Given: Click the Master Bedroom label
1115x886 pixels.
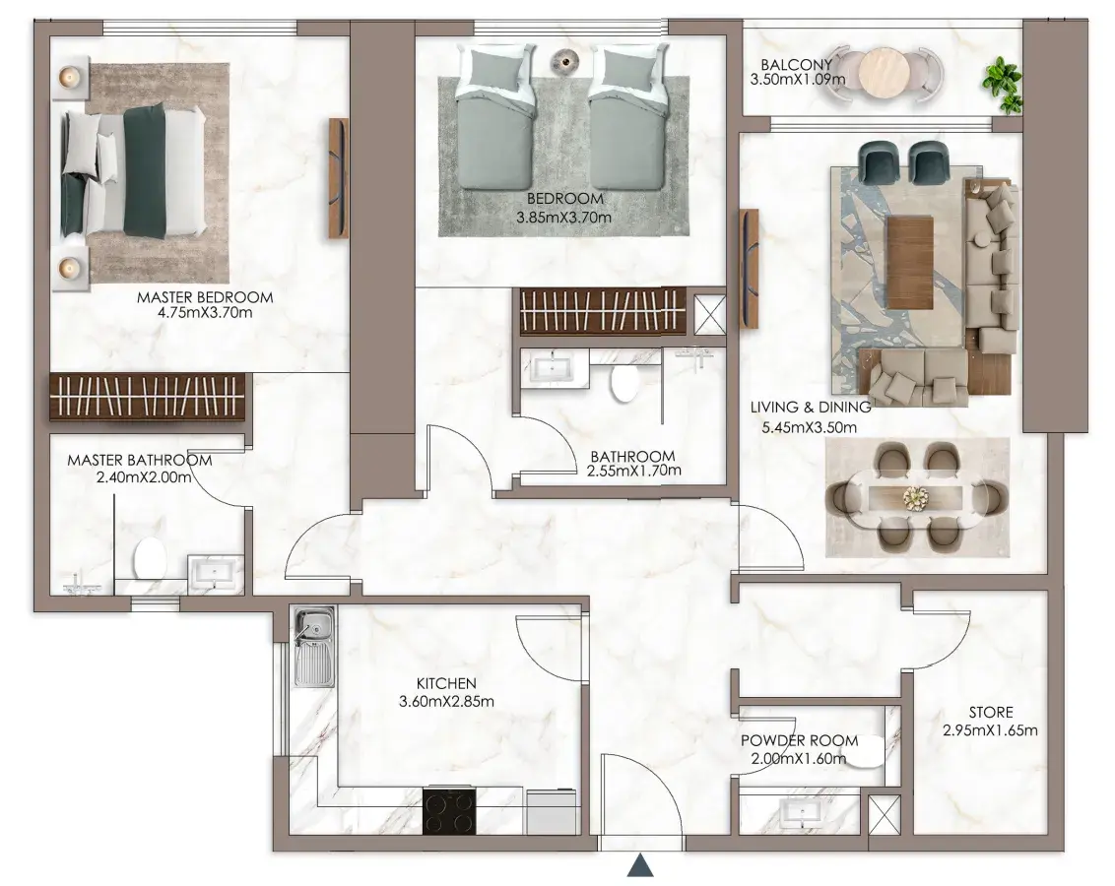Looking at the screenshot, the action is click(205, 297).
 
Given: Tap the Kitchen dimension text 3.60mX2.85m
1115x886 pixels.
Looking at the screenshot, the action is click(446, 701).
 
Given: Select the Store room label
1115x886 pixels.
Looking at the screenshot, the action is click(991, 712).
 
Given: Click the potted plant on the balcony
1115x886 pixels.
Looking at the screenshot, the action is click(1004, 85).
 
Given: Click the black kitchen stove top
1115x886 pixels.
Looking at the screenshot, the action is click(449, 810).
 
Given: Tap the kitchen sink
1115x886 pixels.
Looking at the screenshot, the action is click(313, 647).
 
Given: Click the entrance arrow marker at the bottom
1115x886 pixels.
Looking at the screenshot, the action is click(640, 865).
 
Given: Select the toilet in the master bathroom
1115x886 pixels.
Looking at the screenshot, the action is click(150, 558).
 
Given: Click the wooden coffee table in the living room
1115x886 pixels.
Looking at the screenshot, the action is click(909, 262).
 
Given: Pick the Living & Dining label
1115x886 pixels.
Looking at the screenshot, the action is click(811, 408).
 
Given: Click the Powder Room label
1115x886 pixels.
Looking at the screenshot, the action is click(799, 740).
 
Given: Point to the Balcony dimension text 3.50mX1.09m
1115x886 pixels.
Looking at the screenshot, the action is click(797, 79).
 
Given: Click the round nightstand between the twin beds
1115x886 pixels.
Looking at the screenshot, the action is click(565, 60).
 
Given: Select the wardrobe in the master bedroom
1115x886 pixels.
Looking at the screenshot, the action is click(147, 397).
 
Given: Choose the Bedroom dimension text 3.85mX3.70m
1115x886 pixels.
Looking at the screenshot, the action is click(563, 218).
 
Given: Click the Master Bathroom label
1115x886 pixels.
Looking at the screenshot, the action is click(140, 461).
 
